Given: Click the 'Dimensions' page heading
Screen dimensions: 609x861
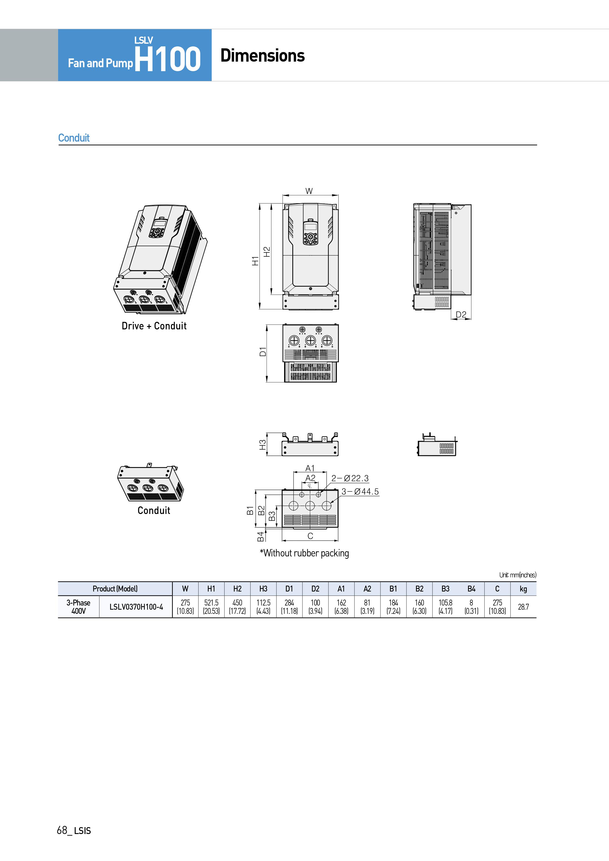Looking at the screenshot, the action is pyautogui.click(x=262, y=55).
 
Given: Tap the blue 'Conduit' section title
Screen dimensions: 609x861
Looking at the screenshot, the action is pyautogui.click(x=74, y=138).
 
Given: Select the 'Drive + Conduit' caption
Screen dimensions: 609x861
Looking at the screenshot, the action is pyautogui.click(x=154, y=326).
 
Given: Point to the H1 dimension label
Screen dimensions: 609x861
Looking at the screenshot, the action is pyautogui.click(x=255, y=261).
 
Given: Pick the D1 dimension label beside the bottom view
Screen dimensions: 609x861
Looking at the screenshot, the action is pyautogui.click(x=263, y=352).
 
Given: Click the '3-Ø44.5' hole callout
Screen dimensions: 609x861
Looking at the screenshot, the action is pyautogui.click(x=360, y=491).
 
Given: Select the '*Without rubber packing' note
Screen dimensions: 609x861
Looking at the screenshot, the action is pyautogui.click(x=304, y=553).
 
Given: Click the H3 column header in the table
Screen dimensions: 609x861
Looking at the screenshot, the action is pyautogui.click(x=263, y=589).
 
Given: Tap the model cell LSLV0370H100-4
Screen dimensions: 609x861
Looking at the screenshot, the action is pyautogui.click(x=136, y=607).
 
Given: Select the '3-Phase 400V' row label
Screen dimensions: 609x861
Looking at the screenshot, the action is pyautogui.click(x=78, y=607).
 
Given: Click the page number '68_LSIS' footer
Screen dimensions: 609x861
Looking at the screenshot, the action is pyautogui.click(x=74, y=830).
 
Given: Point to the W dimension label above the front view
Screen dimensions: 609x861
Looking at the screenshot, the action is pyautogui.click(x=309, y=191).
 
